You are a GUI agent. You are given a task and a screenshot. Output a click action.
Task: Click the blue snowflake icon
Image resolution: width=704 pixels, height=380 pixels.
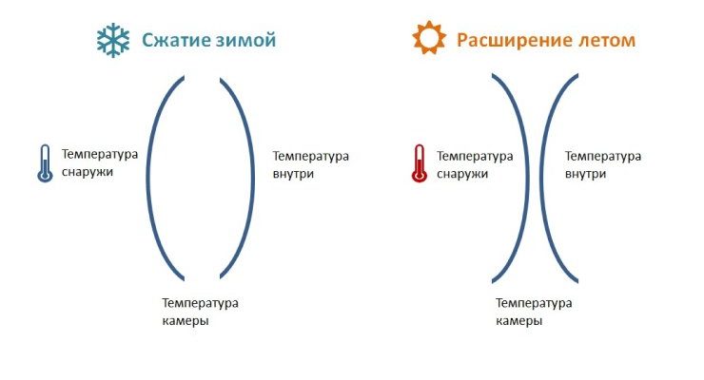[113, 40]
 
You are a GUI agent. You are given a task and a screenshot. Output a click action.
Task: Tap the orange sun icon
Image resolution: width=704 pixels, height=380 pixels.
[429, 38]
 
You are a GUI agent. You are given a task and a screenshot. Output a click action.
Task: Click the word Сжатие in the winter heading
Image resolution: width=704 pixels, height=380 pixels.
[175, 40]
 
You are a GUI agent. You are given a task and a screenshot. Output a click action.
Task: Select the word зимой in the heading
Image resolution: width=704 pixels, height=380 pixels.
[245, 40]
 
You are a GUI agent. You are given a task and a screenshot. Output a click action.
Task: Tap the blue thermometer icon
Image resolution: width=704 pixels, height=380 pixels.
[45, 163]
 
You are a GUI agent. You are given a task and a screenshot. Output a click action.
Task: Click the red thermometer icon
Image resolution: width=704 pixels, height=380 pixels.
[419, 163]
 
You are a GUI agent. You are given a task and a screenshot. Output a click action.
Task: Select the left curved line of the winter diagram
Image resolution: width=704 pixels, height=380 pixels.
[147, 178]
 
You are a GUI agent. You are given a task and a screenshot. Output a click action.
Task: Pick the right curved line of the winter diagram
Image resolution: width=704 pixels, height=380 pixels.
[253, 178]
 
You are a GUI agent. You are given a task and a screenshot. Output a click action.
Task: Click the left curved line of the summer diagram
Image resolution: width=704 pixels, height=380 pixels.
[528, 178]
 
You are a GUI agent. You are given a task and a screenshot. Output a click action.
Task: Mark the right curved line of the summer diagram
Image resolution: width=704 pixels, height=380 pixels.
[541, 178]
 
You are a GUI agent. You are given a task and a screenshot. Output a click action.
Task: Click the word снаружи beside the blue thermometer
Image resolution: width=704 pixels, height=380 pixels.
[88, 173]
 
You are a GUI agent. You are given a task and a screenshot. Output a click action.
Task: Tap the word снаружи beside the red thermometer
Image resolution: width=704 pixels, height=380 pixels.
[462, 174]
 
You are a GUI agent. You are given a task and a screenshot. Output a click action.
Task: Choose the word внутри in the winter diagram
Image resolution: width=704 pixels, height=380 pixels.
[293, 174]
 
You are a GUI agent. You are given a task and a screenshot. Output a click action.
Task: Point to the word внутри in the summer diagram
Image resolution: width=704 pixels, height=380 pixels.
[585, 174]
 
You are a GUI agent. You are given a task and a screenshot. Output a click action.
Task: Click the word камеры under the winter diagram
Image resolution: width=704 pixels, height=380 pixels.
[186, 321]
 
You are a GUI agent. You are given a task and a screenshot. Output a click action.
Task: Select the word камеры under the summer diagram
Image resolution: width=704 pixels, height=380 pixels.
[519, 321]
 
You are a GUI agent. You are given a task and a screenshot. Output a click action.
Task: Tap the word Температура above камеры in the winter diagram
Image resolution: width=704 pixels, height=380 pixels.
[200, 303]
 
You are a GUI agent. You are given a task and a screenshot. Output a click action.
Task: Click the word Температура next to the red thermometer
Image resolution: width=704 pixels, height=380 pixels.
[475, 157]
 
